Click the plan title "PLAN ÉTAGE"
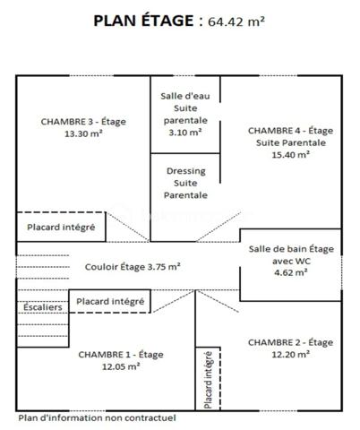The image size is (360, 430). pyautogui.click(x=142, y=21)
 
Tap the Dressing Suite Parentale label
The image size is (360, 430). pyautogui.click(x=184, y=182)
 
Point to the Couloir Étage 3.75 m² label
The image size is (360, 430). pyautogui.click(x=133, y=266)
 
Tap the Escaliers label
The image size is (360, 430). pyautogui.click(x=41, y=306)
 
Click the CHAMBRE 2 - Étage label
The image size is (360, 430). pyautogui.click(x=290, y=341)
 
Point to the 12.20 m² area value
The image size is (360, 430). pyautogui.click(x=288, y=354)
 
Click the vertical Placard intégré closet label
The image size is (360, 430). pyautogui.click(x=208, y=380)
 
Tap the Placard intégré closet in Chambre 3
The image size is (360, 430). pyautogui.click(x=61, y=227)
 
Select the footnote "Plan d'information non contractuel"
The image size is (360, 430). pyautogui.click(x=97, y=417)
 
